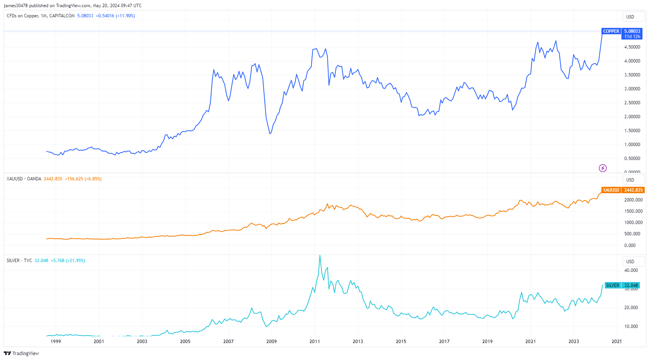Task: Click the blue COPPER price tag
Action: [611, 31]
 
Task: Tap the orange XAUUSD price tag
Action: [611, 190]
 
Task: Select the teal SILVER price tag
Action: [612, 285]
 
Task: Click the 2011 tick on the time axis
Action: [315, 342]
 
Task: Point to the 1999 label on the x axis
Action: [56, 342]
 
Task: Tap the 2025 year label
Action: [617, 342]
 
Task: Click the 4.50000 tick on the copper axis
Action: [632, 47]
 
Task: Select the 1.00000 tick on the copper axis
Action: [632, 145]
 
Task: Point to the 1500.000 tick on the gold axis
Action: [633, 211]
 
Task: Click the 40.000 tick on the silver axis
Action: [631, 270]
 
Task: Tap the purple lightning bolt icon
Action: [603, 168]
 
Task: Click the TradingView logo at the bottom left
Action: [21, 353]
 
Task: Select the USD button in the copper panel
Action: [630, 17]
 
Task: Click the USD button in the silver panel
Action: [630, 262]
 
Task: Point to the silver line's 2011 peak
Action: [320, 256]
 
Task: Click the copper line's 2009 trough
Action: [270, 134]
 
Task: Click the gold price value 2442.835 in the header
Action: [53, 179]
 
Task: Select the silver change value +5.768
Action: [58, 261]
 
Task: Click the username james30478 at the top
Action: [16, 6]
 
